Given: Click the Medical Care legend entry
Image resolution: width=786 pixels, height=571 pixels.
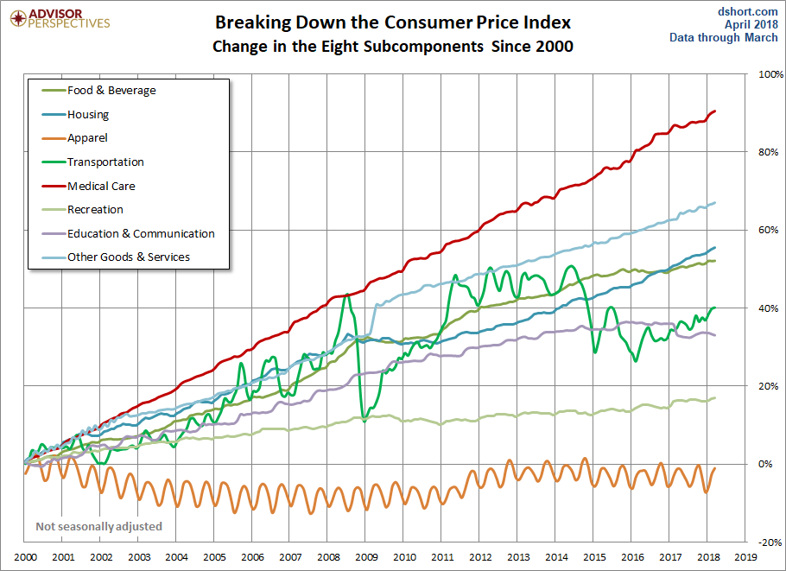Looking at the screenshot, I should click(x=101, y=186).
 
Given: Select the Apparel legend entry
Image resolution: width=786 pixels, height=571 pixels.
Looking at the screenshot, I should click(x=87, y=137).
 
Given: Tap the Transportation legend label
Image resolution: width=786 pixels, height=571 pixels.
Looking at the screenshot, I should click(x=105, y=162).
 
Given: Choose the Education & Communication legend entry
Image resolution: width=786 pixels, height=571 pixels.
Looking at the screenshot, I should click(x=141, y=233).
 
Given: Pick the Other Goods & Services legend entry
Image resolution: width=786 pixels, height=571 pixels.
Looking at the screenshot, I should click(x=128, y=257).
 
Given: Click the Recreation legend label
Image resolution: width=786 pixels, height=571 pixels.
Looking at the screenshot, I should click(x=95, y=209).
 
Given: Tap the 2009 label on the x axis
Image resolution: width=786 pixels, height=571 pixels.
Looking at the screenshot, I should click(x=365, y=558).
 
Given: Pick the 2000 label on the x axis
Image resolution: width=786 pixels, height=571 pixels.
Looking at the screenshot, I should click(x=25, y=558).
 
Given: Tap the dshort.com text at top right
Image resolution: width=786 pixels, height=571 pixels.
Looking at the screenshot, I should click(x=748, y=11).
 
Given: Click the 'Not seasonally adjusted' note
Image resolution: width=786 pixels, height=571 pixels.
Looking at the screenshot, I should click(x=98, y=526).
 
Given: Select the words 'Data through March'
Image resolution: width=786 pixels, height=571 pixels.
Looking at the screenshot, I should click(x=724, y=38).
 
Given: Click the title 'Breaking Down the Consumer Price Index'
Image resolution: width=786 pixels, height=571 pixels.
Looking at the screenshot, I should click(x=393, y=22).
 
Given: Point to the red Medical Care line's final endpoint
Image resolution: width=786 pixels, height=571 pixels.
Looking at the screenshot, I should click(x=714, y=111).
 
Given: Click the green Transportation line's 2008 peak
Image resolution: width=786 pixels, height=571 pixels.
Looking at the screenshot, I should click(x=346, y=295).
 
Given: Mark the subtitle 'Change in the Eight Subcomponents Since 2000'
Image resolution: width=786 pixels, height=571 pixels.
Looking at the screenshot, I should click(x=393, y=47).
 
